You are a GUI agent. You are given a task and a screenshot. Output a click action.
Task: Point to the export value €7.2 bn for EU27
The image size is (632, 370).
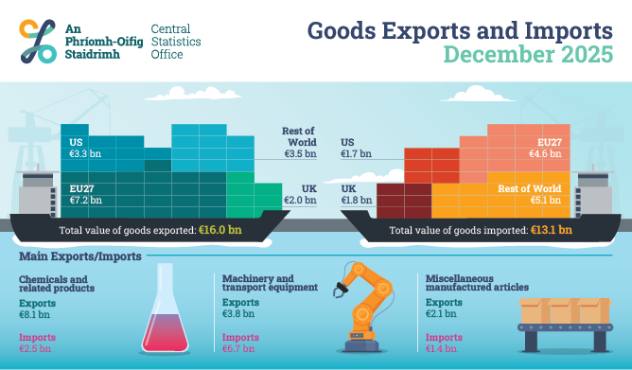tap(88, 200)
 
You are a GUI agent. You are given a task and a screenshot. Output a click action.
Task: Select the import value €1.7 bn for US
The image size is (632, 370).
tap(357, 152)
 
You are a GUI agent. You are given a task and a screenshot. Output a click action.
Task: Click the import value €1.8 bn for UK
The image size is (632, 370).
tap(357, 200)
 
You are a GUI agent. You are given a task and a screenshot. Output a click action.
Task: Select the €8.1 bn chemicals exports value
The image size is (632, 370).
tap(35, 314)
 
